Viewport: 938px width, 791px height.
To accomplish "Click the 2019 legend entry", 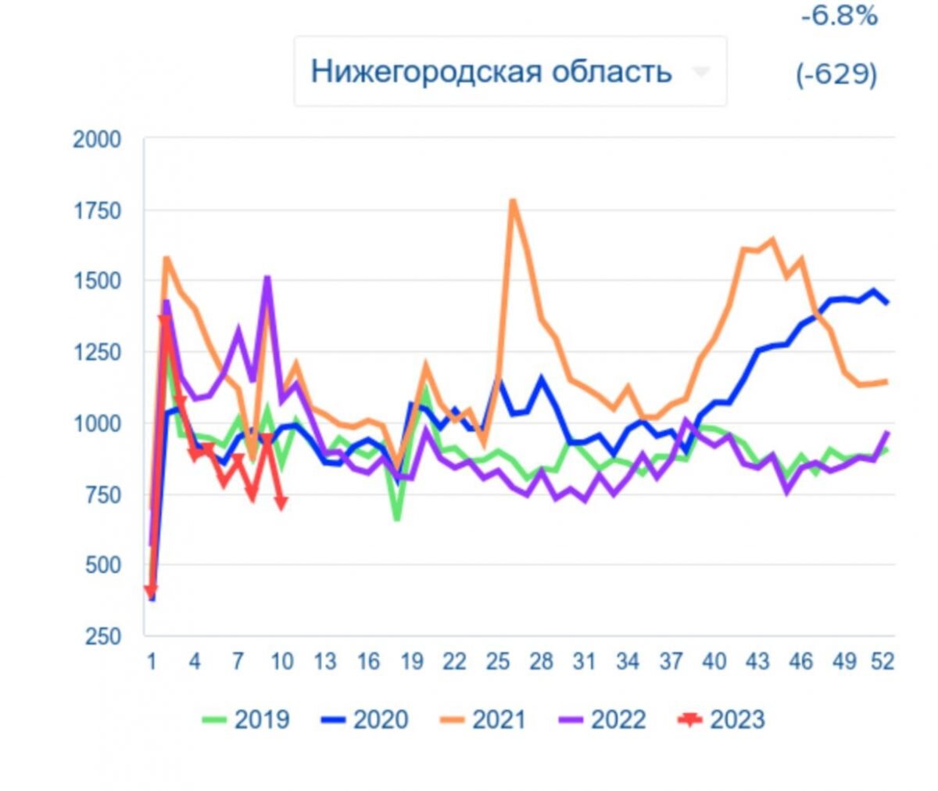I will click(x=245, y=719).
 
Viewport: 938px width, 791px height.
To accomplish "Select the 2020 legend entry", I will click(x=364, y=719).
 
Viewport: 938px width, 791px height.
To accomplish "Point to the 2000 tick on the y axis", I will click(x=97, y=140).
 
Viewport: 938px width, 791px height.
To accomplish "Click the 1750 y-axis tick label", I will click(x=97, y=210).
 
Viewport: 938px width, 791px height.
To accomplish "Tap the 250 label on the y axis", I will click(x=102, y=635).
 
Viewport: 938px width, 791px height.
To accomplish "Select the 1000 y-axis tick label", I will click(x=97, y=423).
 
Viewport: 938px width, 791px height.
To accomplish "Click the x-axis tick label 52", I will click(x=883, y=662).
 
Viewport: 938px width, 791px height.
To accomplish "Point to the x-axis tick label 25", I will click(x=498, y=662).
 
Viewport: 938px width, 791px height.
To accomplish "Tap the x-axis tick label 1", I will click(x=152, y=662).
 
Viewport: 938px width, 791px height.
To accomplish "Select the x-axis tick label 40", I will click(x=714, y=662).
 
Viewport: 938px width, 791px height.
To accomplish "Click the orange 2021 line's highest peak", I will click(x=513, y=200).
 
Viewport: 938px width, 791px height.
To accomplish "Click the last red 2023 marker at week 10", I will click(x=281, y=502).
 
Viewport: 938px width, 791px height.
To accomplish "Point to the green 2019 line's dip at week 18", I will click(x=397, y=518).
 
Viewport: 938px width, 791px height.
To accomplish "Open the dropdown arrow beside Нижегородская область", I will click(x=700, y=72).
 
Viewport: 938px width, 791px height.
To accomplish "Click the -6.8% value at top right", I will click(x=839, y=16).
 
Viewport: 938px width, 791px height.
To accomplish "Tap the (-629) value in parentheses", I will click(x=836, y=74).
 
